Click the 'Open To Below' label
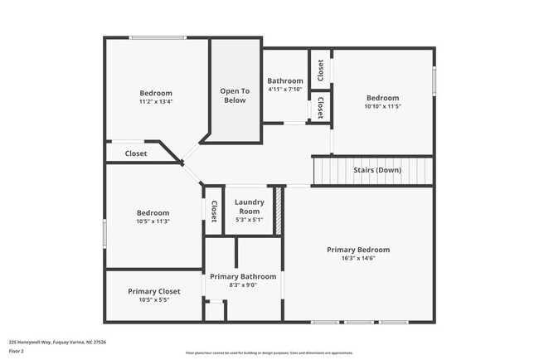coord(234,95)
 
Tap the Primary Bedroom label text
coord(357,250)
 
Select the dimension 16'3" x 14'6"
coord(357,259)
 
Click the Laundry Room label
coord(249,207)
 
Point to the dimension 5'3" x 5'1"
coord(249,220)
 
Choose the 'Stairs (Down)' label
coord(377,170)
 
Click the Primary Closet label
coord(153,291)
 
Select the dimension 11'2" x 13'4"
coord(156,102)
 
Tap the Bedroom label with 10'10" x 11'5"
coord(382,98)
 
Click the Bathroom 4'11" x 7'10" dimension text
coord(284,90)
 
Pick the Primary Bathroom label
coord(242,276)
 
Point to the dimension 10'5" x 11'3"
coord(153,221)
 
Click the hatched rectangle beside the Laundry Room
coord(279,211)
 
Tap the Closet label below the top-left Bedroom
coord(136,153)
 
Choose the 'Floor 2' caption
coord(17,351)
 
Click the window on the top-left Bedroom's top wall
coord(157,37)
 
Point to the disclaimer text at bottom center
coord(269,353)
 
